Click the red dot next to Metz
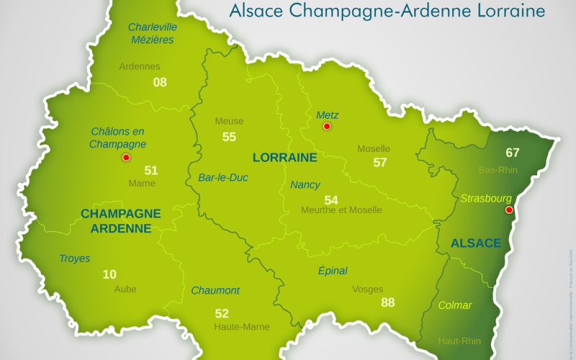coord(327,127)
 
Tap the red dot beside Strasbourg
coord(509,210)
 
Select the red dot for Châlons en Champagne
coord(126,158)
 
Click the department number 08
coord(160,82)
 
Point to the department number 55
coord(229,137)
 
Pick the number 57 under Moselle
coord(380,163)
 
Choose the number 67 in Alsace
coord(513,153)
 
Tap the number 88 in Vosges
coord(388,302)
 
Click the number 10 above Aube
coord(109,274)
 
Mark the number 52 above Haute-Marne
coord(222,313)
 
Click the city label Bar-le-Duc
coord(223,177)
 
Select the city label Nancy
coord(305,185)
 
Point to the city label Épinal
coord(333,271)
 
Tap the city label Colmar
coord(455,305)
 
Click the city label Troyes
coord(75,258)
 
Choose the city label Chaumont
coord(215,291)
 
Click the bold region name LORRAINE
coord(285,157)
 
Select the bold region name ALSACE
coord(476,243)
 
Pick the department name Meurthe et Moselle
coord(342,210)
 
